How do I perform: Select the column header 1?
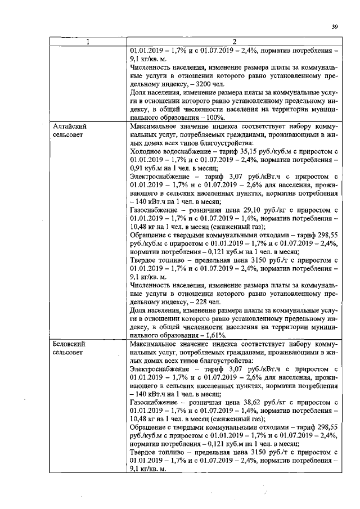click(x=88, y=41)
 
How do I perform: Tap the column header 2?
click(x=233, y=41)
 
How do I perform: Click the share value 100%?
click(x=214, y=118)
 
